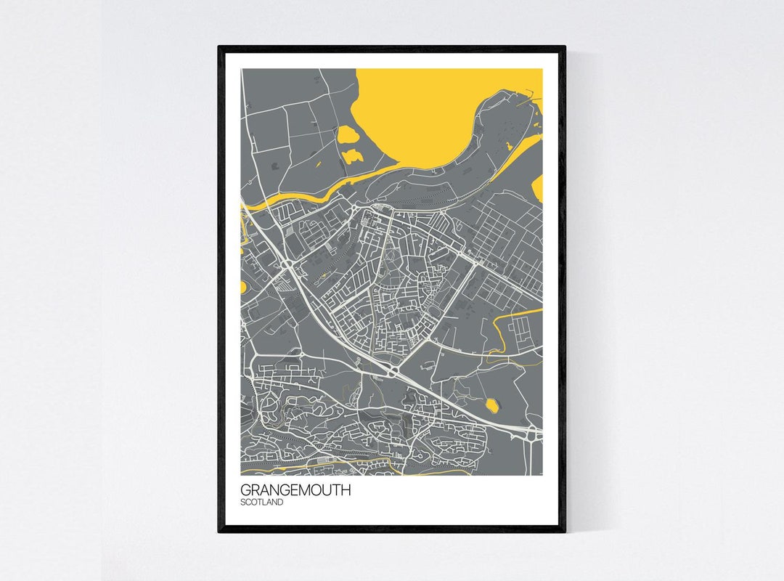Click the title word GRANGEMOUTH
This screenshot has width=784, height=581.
pos(295,490)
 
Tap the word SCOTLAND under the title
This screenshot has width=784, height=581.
pos(262,502)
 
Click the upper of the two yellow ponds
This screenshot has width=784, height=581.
pos(347,134)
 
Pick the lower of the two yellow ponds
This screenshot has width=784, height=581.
pos(353,155)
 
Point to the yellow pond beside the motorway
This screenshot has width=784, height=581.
pos(491,405)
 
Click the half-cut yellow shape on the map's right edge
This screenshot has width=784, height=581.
pos(538,188)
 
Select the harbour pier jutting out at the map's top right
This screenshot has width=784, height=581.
pos(534,92)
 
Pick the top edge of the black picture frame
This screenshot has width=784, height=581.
pos(392,49)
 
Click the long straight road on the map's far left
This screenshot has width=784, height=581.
pos(245,131)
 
